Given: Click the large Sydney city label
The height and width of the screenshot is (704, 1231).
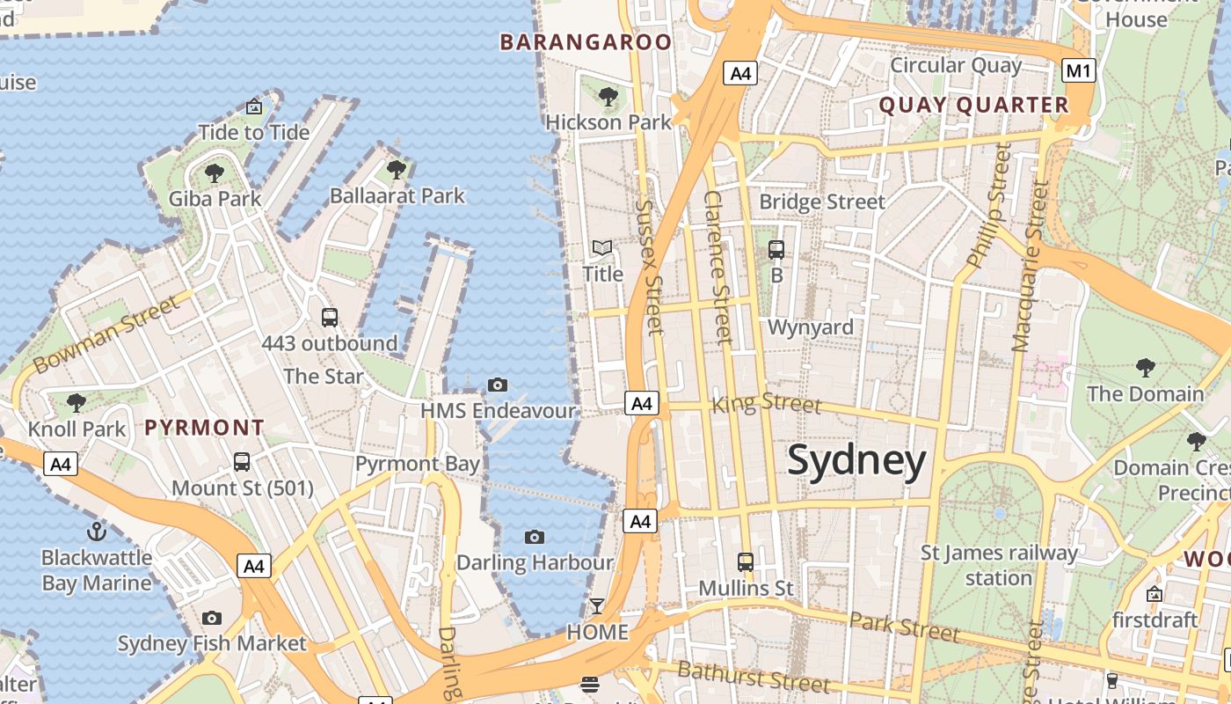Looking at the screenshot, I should (856, 461).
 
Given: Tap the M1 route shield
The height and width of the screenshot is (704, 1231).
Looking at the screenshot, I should (1078, 70).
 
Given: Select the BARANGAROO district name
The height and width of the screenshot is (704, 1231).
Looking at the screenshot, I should (586, 41).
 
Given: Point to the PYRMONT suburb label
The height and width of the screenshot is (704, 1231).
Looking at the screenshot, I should (204, 429).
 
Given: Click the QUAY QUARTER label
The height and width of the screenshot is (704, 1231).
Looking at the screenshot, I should (973, 106).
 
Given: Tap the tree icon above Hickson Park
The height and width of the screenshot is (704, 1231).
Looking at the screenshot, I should (608, 97).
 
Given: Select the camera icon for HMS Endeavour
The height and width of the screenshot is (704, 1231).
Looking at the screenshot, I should (498, 385).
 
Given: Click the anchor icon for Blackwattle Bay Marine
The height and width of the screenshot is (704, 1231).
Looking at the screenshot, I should (97, 532).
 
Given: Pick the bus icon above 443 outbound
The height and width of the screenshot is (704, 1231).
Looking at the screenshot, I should (330, 318).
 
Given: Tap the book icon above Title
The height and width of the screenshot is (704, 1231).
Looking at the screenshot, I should (602, 248).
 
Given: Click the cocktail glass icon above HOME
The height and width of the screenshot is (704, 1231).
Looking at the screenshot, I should (597, 606).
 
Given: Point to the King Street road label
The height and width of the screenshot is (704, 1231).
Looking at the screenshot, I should (766, 404).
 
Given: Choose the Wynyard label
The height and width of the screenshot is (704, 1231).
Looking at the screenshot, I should (810, 327).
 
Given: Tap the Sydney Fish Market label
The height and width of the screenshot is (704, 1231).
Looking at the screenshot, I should (212, 643).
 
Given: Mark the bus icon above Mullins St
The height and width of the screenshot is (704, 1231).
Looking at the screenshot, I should (746, 561).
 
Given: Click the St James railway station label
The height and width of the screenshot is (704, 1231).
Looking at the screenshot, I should (999, 565).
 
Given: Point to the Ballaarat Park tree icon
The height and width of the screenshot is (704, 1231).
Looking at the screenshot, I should (397, 169).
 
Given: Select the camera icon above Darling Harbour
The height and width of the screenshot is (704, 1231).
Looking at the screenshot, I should (534, 537).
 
